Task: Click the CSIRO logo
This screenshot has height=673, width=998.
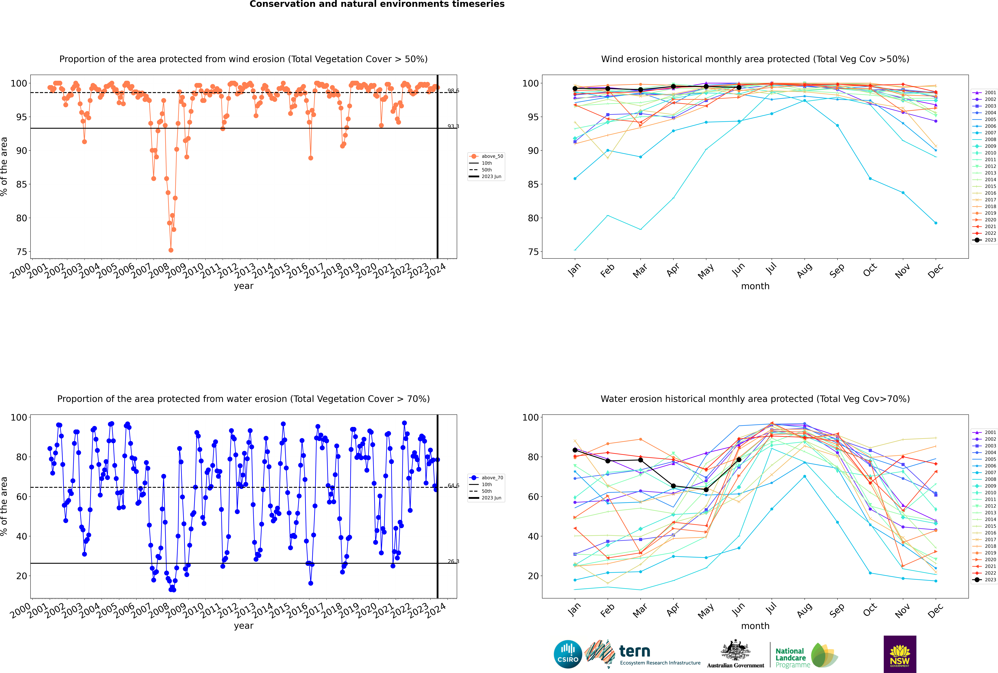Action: (x=568, y=654)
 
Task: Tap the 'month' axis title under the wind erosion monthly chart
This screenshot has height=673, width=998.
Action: (x=755, y=286)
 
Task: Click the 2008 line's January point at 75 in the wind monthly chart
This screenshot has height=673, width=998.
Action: (x=575, y=250)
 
